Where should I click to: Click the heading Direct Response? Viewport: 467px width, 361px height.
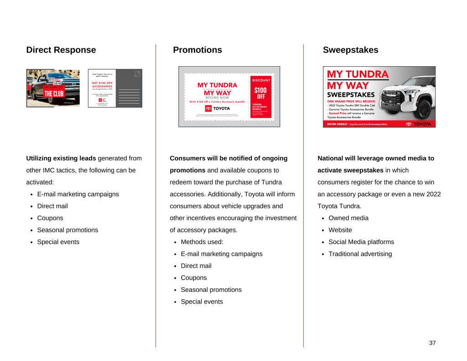click(x=61, y=50)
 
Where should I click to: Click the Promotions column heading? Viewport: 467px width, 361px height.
click(x=197, y=50)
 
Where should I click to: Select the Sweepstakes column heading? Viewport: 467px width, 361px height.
click(x=350, y=50)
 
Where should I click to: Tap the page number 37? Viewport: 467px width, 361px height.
click(x=432, y=343)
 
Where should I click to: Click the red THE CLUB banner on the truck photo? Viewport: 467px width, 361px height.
click(x=54, y=93)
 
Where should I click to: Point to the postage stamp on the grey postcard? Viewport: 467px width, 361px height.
click(x=137, y=74)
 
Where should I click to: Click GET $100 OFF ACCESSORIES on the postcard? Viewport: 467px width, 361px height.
click(x=102, y=84)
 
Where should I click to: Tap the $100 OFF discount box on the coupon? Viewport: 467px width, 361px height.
click(x=260, y=93)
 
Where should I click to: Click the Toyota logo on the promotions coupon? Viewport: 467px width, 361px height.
click(x=217, y=108)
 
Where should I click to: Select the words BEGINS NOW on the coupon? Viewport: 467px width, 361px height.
click(x=217, y=98)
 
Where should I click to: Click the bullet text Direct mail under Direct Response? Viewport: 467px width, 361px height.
click(x=52, y=206)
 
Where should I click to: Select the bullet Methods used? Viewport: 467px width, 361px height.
click(x=202, y=242)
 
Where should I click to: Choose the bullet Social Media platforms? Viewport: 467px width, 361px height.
click(x=361, y=242)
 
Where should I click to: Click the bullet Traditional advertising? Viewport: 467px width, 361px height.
click(x=360, y=254)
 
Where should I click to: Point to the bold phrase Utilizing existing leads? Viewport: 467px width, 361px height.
click(x=61, y=158)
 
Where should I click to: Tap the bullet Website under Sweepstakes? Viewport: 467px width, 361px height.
click(x=340, y=230)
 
